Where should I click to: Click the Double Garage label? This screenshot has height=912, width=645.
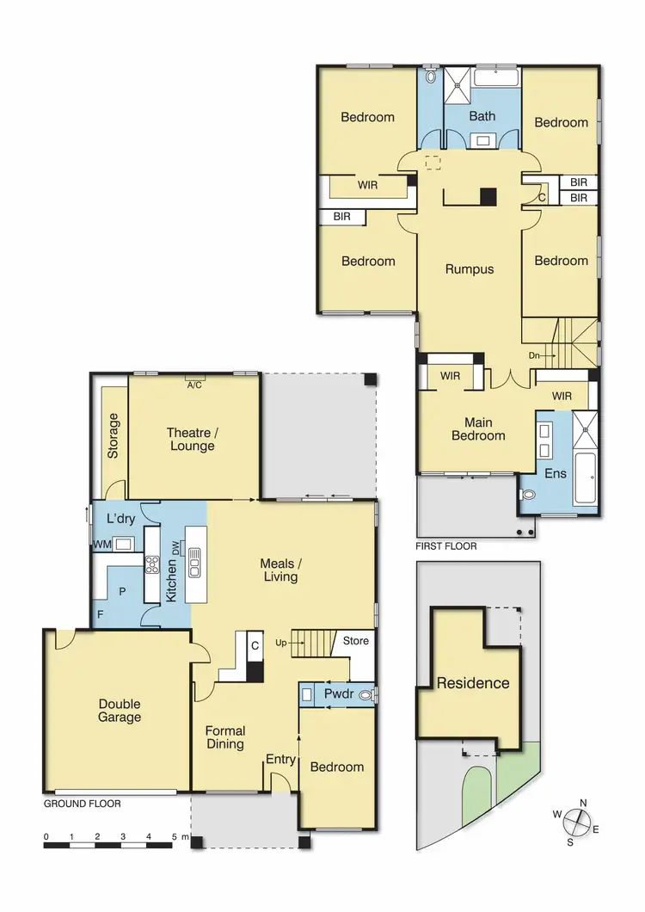(119, 710)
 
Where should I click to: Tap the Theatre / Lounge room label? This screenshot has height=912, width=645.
(192, 440)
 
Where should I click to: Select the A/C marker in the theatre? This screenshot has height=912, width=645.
(193, 385)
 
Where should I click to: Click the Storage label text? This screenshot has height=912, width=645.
(114, 436)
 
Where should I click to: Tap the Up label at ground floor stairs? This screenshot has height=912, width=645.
(281, 643)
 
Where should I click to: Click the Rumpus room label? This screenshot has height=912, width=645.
(470, 268)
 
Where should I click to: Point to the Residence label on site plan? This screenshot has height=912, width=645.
(473, 683)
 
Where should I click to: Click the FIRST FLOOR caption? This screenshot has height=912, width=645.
(446, 545)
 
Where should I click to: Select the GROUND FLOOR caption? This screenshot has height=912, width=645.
(82, 804)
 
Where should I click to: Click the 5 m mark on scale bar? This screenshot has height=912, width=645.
(175, 836)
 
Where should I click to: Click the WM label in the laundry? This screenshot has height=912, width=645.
(102, 544)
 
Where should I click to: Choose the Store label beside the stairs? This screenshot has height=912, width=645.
(355, 641)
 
